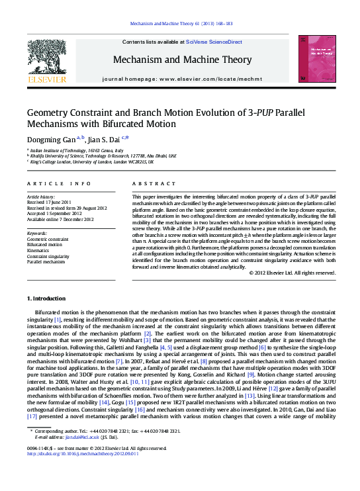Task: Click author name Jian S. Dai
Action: [105, 139]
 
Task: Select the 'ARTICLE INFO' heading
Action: [59, 183]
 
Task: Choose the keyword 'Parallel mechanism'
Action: [46, 262]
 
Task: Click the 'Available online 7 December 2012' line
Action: [60, 219]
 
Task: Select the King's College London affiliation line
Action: [92, 161]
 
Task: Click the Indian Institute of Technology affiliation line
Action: [73, 151]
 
